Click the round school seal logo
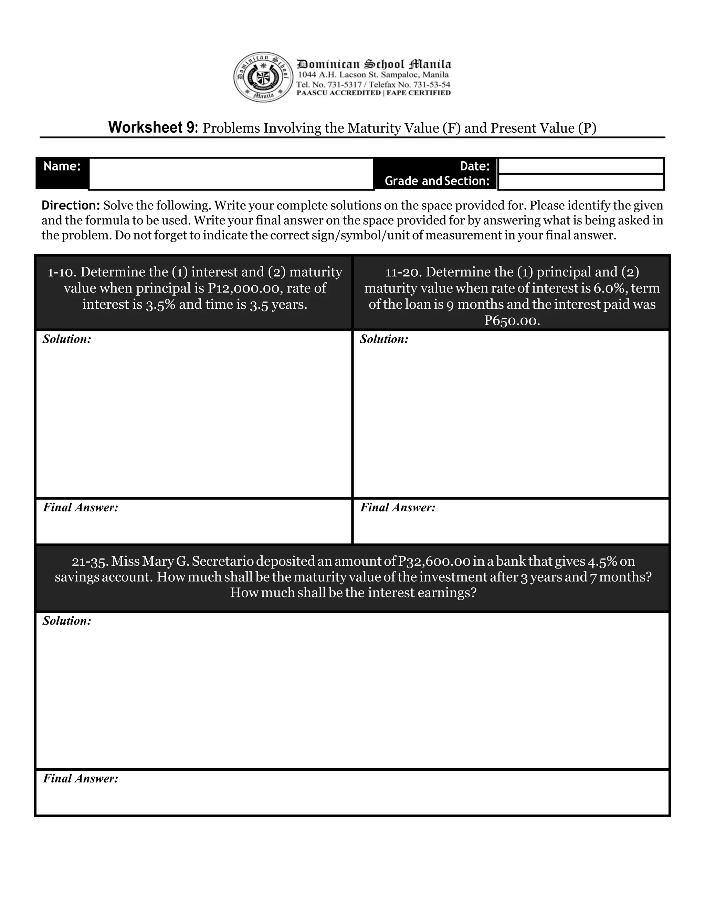point(263,77)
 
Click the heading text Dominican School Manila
point(374,64)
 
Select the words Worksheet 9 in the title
point(153,127)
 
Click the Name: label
point(62,166)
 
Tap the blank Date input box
point(581,166)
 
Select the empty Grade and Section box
point(581,182)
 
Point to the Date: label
point(474,166)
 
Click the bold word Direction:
point(71,205)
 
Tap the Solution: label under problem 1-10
point(67,339)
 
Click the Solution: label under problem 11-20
point(384,339)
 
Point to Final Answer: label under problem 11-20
point(398,507)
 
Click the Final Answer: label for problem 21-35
point(81,778)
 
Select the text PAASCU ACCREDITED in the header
point(338,93)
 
